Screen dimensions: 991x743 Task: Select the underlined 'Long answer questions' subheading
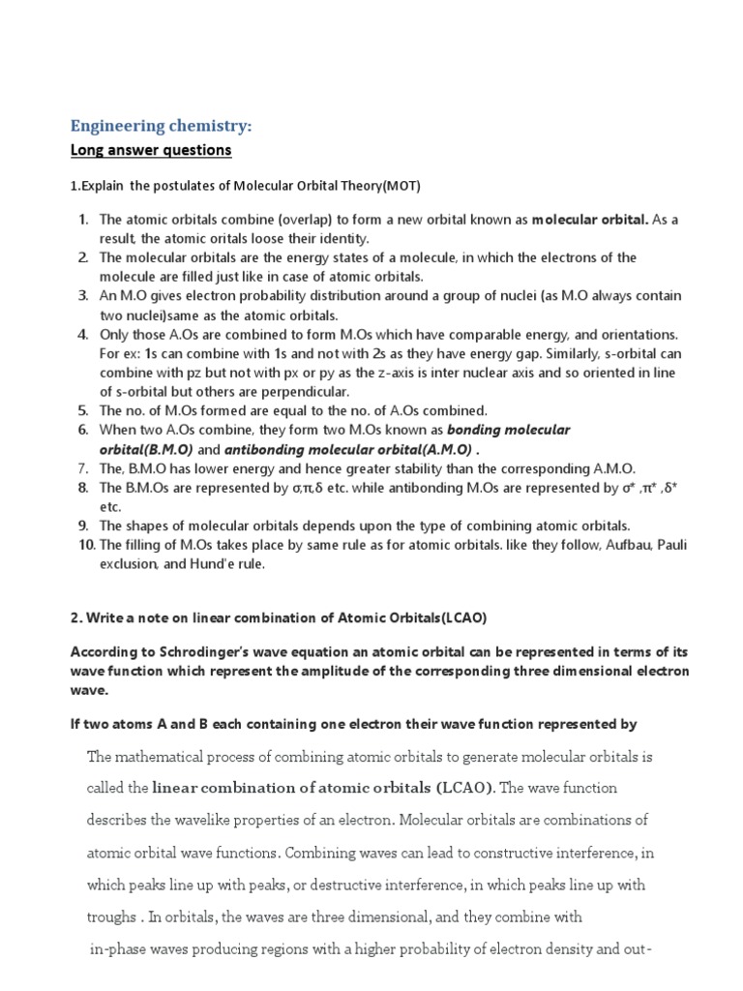pos(150,150)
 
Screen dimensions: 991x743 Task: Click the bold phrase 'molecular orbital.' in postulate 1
pos(591,220)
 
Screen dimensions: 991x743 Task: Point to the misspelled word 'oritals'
pos(253,238)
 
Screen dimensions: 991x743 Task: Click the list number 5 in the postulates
pos(83,410)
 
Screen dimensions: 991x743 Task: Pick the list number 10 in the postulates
pos(85,544)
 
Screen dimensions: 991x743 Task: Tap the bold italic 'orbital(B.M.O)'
pos(146,449)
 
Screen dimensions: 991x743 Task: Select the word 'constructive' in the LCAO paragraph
pos(523,853)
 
